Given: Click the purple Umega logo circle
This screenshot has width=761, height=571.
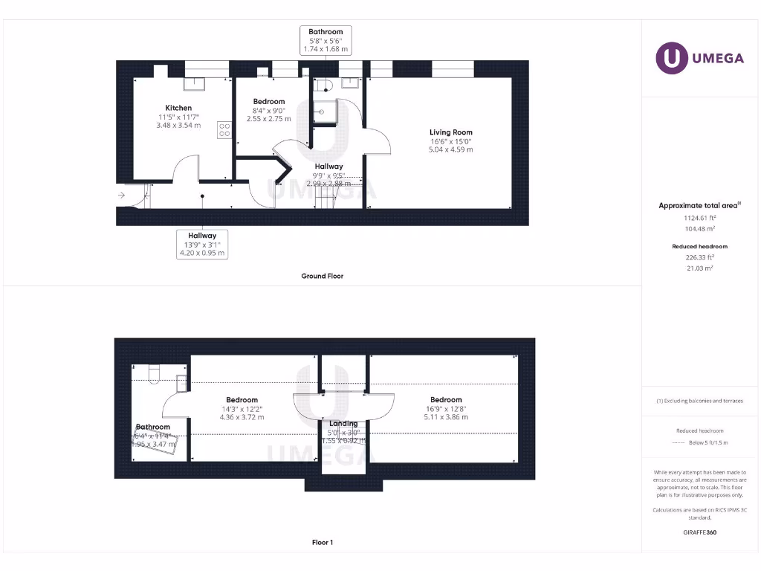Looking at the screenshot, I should pyautogui.click(x=671, y=58).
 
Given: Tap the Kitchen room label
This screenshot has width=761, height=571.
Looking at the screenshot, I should pyautogui.click(x=178, y=108).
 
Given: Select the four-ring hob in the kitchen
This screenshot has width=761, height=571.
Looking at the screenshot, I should pyautogui.click(x=224, y=129).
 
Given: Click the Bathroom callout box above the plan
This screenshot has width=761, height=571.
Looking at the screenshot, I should pyautogui.click(x=326, y=40).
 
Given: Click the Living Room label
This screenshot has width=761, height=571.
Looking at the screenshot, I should pyautogui.click(x=450, y=132).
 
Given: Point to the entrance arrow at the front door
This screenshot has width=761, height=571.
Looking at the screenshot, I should pyautogui.click(x=121, y=196).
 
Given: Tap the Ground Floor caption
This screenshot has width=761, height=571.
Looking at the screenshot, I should pyautogui.click(x=322, y=276).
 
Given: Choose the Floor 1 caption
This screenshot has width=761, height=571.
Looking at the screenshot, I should pyautogui.click(x=322, y=543).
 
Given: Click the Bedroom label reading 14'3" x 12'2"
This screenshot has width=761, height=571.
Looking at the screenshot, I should pyautogui.click(x=242, y=400).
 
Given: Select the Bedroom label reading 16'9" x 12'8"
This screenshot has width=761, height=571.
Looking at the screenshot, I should pyautogui.click(x=445, y=400).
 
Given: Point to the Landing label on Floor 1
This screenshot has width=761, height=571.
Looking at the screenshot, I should pyautogui.click(x=343, y=424).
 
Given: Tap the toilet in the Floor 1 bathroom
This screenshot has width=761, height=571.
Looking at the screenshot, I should pyautogui.click(x=155, y=372).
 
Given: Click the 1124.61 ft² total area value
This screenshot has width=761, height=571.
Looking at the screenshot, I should pyautogui.click(x=693, y=218).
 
